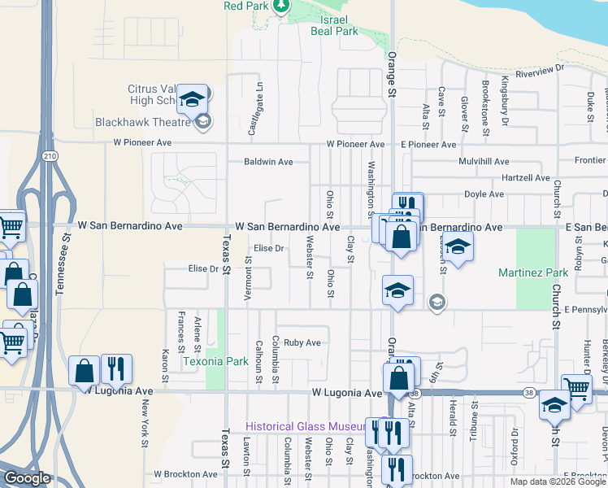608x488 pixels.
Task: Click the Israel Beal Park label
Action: click(x=334, y=25)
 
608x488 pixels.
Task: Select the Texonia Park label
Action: click(x=204, y=360)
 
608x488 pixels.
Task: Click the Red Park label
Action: click(x=246, y=6)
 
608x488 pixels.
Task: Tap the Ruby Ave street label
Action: click(x=302, y=342)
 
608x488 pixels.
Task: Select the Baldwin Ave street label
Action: click(x=268, y=162)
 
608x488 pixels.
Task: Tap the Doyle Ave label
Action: click(x=484, y=194)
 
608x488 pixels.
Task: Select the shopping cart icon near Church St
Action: click(x=576, y=389)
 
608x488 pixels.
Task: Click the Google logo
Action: click(x=26, y=478)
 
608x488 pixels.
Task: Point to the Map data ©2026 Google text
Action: click(x=557, y=481)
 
